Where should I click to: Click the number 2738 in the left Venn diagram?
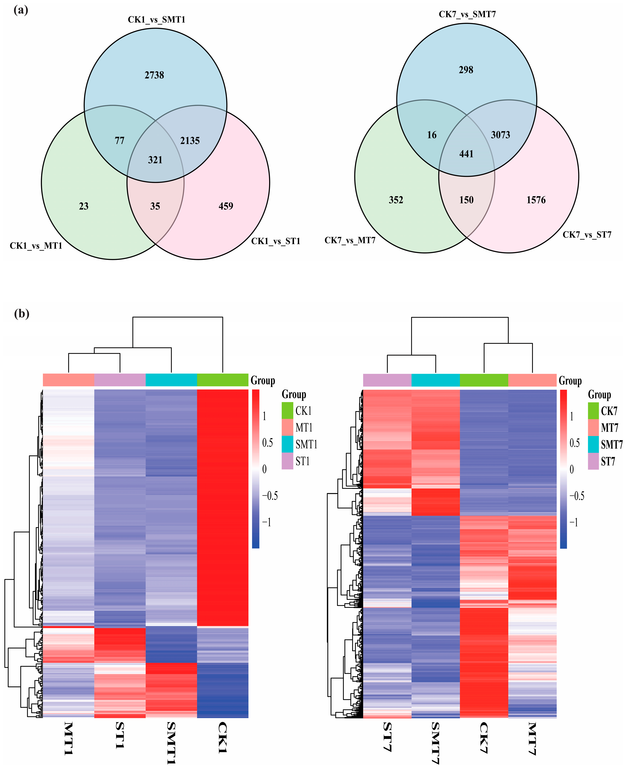click(155, 75)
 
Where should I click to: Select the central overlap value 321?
click(155, 160)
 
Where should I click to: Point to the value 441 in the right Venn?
click(466, 154)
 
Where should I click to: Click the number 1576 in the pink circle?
click(536, 200)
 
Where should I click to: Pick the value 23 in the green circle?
click(84, 206)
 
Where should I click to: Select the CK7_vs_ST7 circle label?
click(587, 235)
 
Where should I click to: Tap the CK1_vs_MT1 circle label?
click(36, 246)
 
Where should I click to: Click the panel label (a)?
click(21, 10)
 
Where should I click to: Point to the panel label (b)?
click(21, 314)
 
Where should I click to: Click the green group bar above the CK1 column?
click(222, 380)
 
